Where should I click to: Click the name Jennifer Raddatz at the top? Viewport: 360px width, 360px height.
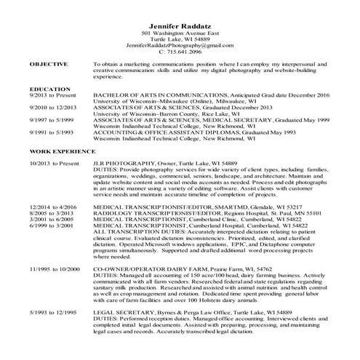click(x=180, y=26)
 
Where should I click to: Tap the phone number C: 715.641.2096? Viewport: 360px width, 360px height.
click(x=180, y=52)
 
